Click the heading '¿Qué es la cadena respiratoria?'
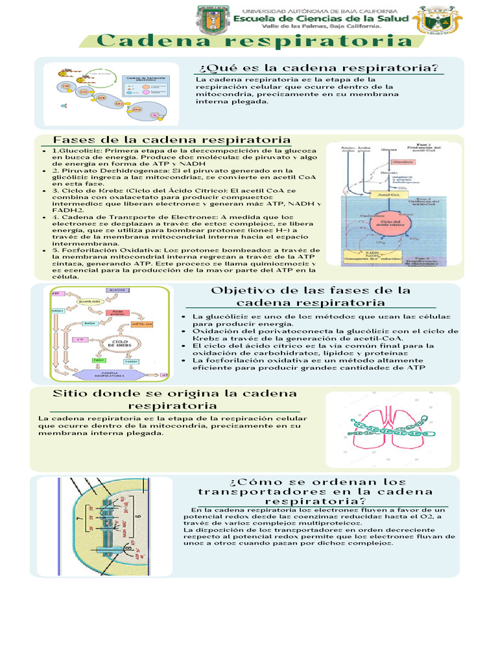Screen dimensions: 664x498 [318, 68]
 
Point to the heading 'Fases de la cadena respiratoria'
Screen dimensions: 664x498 [171, 140]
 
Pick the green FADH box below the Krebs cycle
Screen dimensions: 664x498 [99, 360]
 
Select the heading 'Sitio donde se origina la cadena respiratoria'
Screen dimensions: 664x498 [167, 399]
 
